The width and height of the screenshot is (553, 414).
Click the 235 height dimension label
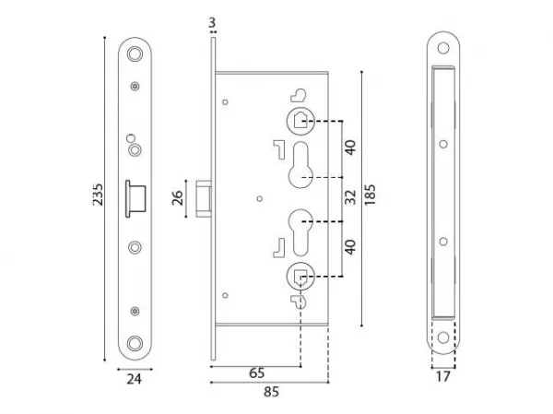point(98,195)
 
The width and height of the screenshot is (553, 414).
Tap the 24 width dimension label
point(134,379)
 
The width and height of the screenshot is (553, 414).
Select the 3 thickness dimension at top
point(212,22)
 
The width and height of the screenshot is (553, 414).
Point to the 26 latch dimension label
point(177,197)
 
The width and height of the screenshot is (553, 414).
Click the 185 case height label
point(370,195)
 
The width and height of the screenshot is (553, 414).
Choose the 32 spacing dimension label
point(350,197)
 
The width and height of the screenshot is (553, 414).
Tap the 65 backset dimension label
point(256,373)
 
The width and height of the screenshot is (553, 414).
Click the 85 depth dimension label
point(271,392)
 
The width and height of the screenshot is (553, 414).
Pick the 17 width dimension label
point(443,376)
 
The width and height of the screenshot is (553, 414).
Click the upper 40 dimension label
point(350,148)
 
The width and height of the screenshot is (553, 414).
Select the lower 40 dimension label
point(350,247)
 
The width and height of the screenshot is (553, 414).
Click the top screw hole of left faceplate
point(135,54)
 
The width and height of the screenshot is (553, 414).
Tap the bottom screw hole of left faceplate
point(135,343)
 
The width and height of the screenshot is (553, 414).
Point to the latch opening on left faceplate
point(135,198)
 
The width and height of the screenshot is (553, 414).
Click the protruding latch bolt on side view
point(204,198)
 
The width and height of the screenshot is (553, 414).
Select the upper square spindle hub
point(300,121)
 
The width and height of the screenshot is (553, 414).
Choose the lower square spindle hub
point(300,276)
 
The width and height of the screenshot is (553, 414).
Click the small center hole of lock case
point(260,199)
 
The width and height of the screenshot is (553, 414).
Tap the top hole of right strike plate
point(443,48)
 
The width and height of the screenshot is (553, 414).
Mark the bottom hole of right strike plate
point(443,337)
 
